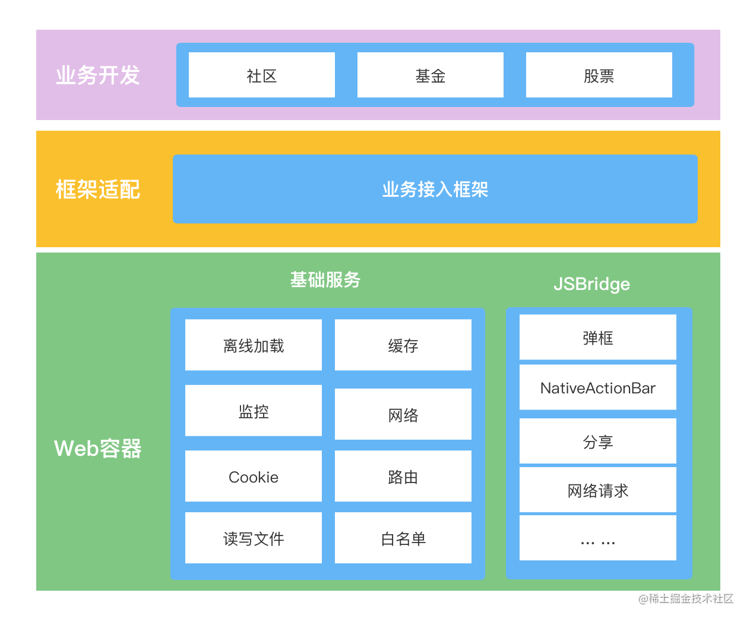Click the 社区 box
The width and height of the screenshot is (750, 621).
[x=261, y=75]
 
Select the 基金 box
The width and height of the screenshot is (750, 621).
[x=430, y=75]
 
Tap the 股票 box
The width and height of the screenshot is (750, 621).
[x=599, y=75]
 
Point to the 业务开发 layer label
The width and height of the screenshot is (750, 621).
[x=98, y=75]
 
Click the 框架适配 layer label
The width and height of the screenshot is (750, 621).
[x=98, y=190]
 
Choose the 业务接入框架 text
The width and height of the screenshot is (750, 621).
[x=435, y=190]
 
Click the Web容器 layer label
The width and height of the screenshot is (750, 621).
[x=98, y=449]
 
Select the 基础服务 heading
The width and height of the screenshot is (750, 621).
[x=325, y=280]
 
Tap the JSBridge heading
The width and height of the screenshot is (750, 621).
[x=591, y=284]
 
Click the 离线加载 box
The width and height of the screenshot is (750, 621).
[x=254, y=345]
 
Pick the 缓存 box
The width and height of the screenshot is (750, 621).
[x=403, y=345]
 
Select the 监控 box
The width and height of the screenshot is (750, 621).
[x=254, y=411]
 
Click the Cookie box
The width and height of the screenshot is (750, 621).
[x=254, y=477]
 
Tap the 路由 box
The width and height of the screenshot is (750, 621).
[x=403, y=477]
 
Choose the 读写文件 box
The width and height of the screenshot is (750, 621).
[x=254, y=538]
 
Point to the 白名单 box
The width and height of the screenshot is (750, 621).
[x=403, y=538]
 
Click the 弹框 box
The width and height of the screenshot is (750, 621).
[x=597, y=338]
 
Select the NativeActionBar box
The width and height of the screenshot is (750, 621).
[x=597, y=387]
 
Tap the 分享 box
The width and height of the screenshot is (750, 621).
[x=597, y=442]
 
